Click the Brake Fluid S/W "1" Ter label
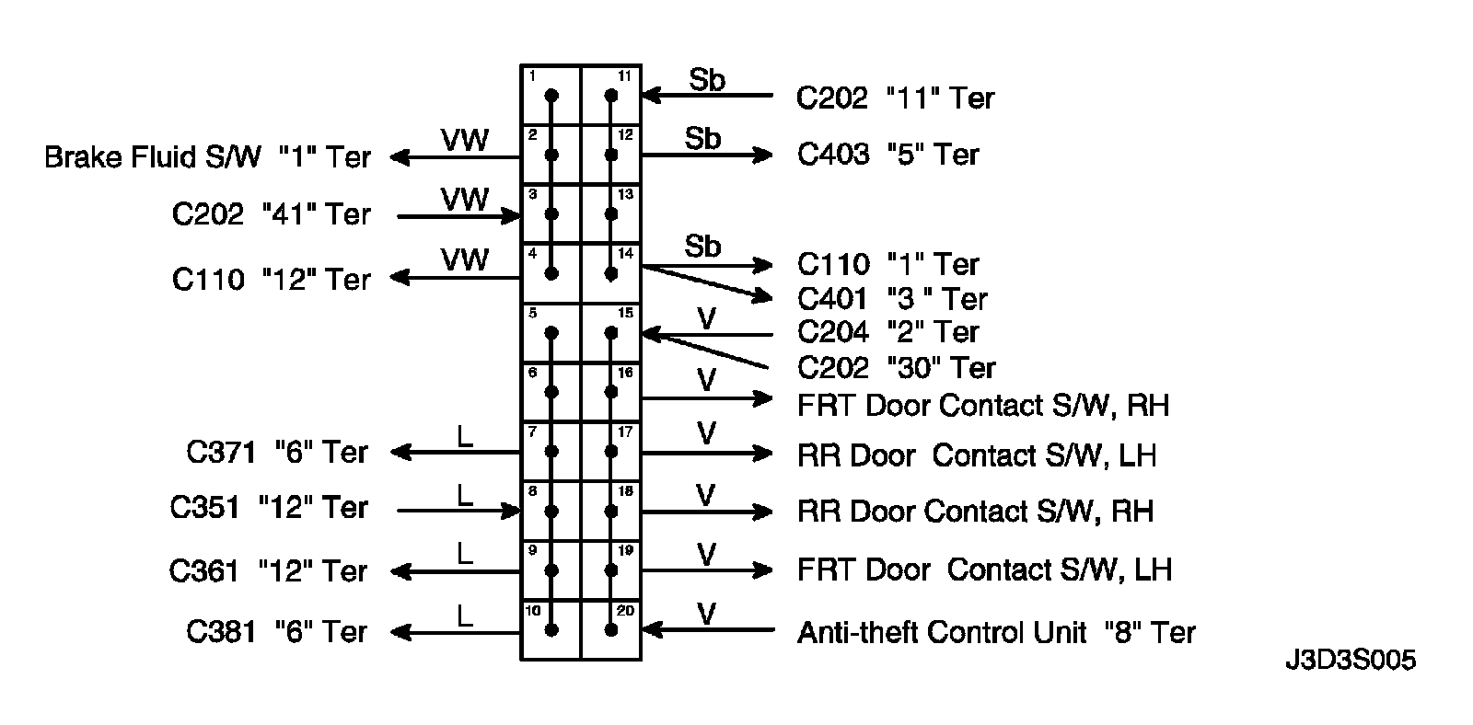[207, 157]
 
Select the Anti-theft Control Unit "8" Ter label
[996, 632]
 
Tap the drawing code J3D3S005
[1350, 661]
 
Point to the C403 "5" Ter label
[888, 155]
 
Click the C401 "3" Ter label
[892, 299]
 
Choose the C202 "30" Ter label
[896, 368]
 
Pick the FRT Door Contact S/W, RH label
[983, 405]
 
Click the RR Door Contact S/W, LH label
[977, 455]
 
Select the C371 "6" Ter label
[277, 452]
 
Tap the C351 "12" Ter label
[269, 507]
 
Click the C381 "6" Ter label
[277, 631]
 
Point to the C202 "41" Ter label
[271, 214]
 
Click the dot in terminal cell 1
[551, 95]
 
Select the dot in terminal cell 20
[610, 630]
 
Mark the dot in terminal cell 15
[610, 333]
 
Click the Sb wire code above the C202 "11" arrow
[707, 81]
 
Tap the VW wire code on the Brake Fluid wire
[464, 140]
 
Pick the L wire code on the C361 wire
[464, 554]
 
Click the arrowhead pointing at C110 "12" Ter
[399, 278]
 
